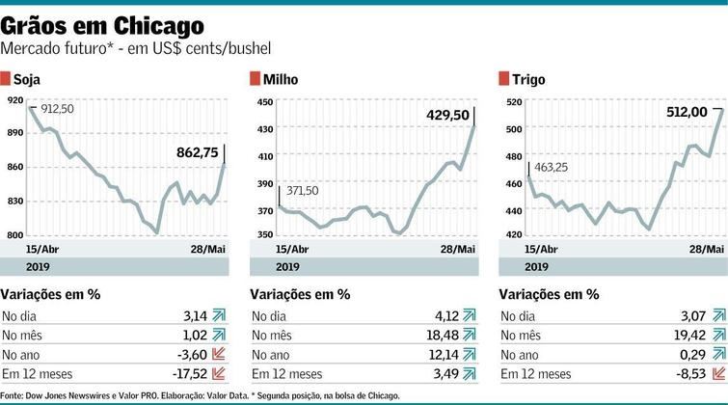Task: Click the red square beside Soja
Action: (6, 78)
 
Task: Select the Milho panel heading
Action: (282, 78)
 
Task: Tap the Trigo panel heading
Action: (529, 78)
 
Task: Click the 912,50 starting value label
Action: (55, 109)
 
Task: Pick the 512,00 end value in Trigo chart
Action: (693, 112)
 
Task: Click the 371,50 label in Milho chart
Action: (300, 191)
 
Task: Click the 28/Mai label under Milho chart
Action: (457, 249)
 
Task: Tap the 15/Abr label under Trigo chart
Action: (517, 249)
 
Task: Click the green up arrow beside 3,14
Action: (220, 314)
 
